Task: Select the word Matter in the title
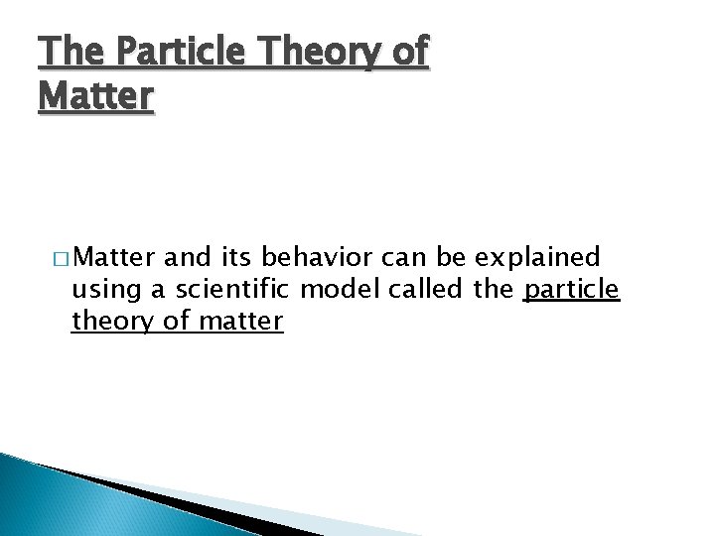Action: (x=96, y=96)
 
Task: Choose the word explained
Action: (x=537, y=259)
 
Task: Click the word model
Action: (x=333, y=291)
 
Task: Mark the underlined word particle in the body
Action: (x=571, y=291)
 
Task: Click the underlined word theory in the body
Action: (x=104, y=323)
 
